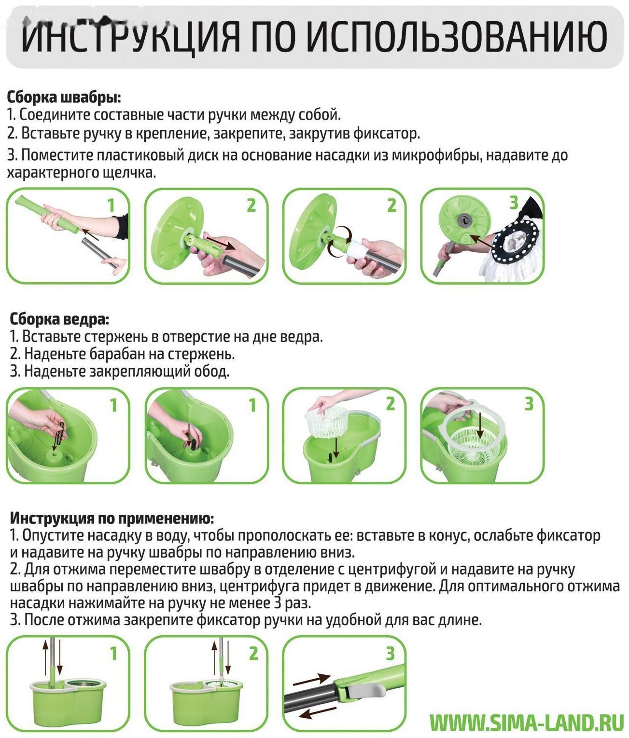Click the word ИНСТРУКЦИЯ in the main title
tap(130, 37)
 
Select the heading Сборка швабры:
tap(64, 97)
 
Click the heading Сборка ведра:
tap(59, 319)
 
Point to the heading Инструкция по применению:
tap(112, 518)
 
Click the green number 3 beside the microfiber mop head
tap(514, 203)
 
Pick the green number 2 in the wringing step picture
tap(253, 654)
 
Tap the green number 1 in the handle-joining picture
tap(111, 205)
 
